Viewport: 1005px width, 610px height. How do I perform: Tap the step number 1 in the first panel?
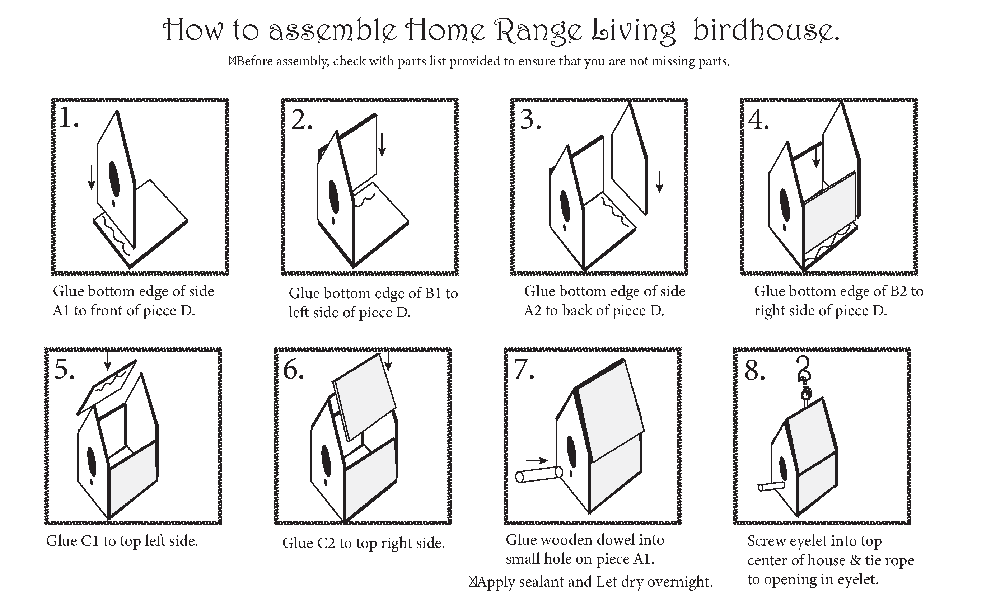[x=68, y=117]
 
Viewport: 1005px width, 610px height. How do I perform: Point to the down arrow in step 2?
[x=382, y=145]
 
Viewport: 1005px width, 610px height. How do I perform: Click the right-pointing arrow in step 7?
[x=537, y=460]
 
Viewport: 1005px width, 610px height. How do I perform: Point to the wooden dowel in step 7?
[x=539, y=475]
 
